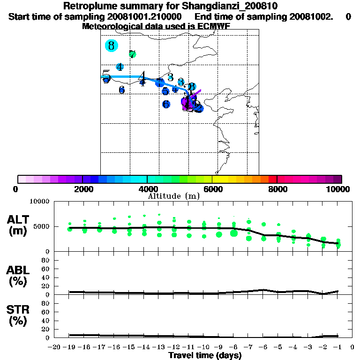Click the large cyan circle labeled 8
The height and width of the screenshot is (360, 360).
pos(111,45)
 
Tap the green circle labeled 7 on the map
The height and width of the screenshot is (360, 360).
pos(132,54)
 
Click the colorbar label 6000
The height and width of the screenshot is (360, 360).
pos(212,189)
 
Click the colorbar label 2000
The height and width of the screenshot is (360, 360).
pos(82,189)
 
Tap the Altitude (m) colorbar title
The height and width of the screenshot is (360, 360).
pos(173,196)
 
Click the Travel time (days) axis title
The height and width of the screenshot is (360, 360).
pos(205,356)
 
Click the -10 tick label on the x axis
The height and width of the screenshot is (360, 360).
pos(203,347)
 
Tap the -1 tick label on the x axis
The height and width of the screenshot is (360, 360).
pos(337,347)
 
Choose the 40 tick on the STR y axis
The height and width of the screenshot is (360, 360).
pos(45,321)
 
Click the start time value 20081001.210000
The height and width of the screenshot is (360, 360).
pos(148,17)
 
